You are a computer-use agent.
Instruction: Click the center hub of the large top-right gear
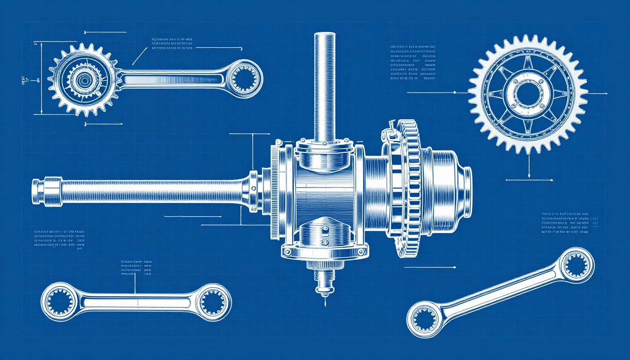tap(528, 94)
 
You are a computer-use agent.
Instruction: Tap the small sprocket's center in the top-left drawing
tap(83, 80)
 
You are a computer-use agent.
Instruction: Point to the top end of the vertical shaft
tap(324, 36)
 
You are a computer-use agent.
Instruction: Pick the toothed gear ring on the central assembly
tap(412, 187)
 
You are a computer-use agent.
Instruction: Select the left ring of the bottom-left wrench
tap(60, 301)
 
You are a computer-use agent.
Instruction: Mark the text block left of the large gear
tap(412, 63)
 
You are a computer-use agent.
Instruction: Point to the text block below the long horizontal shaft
tap(60, 239)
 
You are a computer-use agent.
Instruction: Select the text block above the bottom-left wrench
tap(136, 267)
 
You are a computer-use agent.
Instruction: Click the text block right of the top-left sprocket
tap(172, 43)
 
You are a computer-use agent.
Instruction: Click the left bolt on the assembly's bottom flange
tap(287, 252)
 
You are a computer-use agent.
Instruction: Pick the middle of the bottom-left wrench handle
tap(136, 301)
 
